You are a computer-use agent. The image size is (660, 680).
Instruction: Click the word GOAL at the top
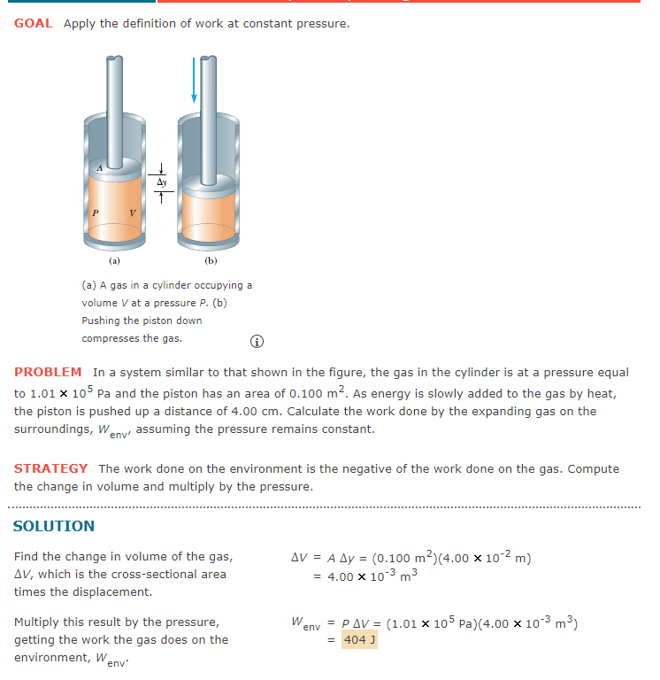[34, 23]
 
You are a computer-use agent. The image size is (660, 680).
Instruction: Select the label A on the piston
[100, 167]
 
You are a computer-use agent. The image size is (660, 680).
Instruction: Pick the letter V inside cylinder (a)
[132, 212]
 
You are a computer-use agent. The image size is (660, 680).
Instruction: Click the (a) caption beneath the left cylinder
[114, 261]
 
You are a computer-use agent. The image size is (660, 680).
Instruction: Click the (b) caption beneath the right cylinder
[210, 261]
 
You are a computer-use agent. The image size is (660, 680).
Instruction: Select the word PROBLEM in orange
[48, 373]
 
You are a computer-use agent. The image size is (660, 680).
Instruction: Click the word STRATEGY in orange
[50, 468]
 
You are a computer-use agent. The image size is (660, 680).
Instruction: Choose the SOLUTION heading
[54, 526]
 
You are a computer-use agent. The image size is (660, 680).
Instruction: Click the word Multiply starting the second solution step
[39, 622]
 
